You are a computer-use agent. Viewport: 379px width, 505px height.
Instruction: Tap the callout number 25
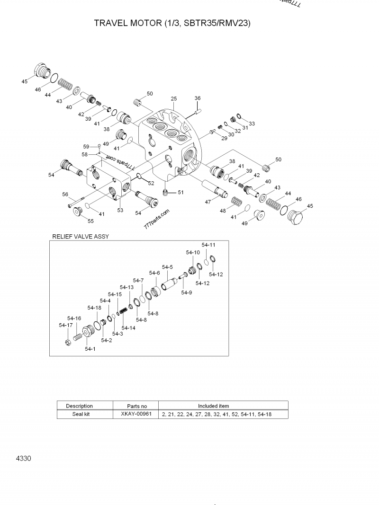(174, 98)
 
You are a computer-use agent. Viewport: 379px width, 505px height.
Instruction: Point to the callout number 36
(198, 98)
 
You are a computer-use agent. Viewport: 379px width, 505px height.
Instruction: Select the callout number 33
(252, 124)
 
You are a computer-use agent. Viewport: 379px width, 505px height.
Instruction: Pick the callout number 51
(180, 192)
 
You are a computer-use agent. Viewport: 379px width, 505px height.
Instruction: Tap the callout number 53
(120, 210)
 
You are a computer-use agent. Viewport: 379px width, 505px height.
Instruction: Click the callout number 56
(65, 194)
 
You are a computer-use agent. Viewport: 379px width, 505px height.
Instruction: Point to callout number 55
(90, 221)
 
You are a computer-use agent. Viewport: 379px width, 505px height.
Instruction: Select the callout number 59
(86, 146)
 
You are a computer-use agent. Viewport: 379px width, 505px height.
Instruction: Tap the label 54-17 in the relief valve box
(65, 325)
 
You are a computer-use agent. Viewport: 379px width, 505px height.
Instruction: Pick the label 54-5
(167, 267)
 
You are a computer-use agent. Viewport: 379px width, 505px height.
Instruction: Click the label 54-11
(208, 245)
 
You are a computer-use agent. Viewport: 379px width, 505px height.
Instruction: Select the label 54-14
(128, 328)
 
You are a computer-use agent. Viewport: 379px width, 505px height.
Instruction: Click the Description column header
(79, 406)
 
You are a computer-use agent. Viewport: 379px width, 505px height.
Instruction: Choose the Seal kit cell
(79, 414)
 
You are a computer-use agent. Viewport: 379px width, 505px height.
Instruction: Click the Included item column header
(213, 406)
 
